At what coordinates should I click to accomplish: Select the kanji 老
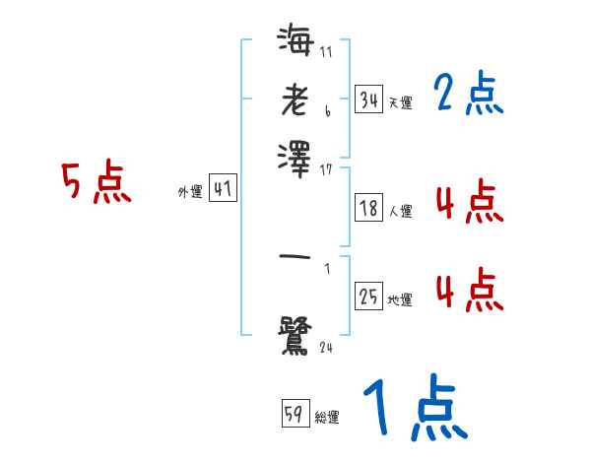[295, 102]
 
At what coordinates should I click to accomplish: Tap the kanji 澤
[295, 157]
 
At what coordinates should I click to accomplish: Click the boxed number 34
[368, 99]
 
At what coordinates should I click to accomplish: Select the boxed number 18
[368, 208]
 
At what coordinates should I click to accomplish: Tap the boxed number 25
[368, 296]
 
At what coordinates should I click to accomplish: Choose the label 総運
[327, 417]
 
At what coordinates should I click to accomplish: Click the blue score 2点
[468, 95]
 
